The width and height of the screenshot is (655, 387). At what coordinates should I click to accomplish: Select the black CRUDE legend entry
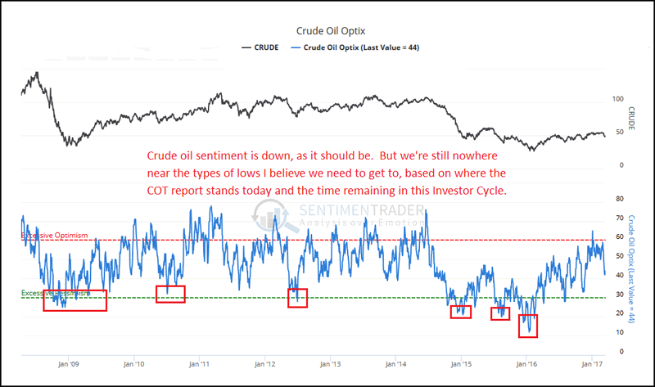[x=260, y=47]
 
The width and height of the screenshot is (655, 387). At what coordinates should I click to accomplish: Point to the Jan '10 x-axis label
[x=133, y=364]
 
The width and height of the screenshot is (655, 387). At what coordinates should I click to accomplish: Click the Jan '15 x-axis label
[x=461, y=364]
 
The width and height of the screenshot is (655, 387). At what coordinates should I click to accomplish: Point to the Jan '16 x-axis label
[x=526, y=364]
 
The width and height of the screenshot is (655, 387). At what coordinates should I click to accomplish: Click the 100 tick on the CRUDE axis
[x=618, y=99]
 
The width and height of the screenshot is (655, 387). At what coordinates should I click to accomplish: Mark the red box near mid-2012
[x=297, y=298]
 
